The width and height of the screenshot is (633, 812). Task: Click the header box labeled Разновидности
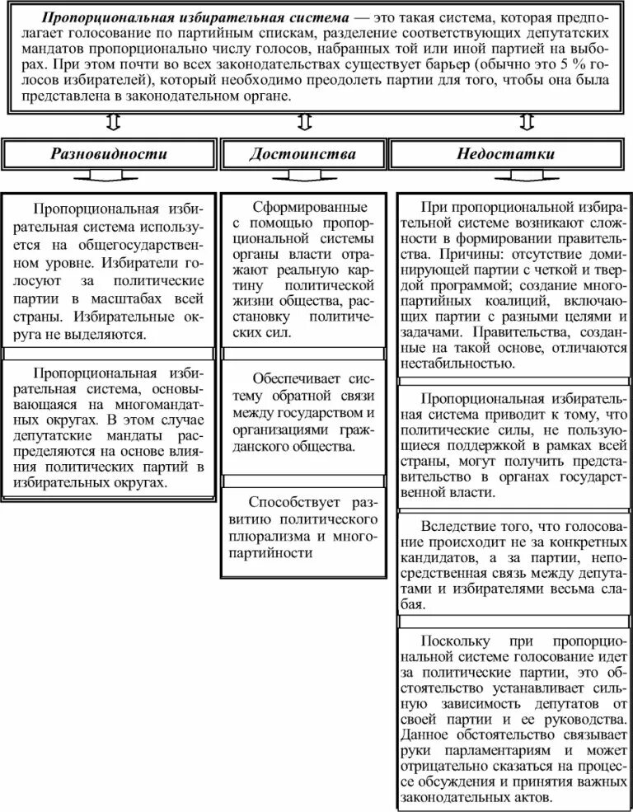pos(110,153)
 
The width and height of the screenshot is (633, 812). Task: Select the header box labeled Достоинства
pos(303,153)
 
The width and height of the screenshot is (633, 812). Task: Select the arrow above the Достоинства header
pos(304,123)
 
